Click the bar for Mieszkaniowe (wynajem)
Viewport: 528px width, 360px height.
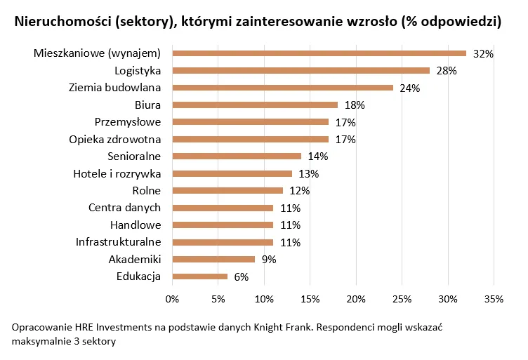pyautogui.click(x=319, y=53)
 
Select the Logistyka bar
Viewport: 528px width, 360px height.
pyautogui.click(x=301, y=70)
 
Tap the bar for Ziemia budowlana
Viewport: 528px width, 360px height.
pyautogui.click(x=282, y=88)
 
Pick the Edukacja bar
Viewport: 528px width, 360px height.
pyautogui.click(x=199, y=276)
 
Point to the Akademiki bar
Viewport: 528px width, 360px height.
pyautogui.click(x=213, y=259)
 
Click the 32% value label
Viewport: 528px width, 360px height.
pyautogui.click(x=483, y=54)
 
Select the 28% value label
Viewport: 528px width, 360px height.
pyautogui.click(x=446, y=71)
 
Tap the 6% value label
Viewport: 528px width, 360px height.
pyautogui.click(x=241, y=277)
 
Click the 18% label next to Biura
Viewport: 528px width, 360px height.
pyautogui.click(x=354, y=105)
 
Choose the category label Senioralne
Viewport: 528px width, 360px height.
pyautogui.click(x=134, y=156)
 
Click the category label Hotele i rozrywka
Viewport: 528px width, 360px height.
pyautogui.click(x=117, y=173)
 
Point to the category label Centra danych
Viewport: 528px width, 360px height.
pyautogui.click(x=124, y=208)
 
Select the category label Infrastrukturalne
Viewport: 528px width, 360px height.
pyautogui.click(x=119, y=242)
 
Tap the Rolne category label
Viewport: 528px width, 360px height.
pyautogui.click(x=146, y=190)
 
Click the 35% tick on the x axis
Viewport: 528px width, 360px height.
pyautogui.click(x=494, y=300)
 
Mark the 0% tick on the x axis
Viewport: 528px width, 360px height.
pyautogui.click(x=172, y=300)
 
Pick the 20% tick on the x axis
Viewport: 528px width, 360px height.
pyautogui.click(x=356, y=300)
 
